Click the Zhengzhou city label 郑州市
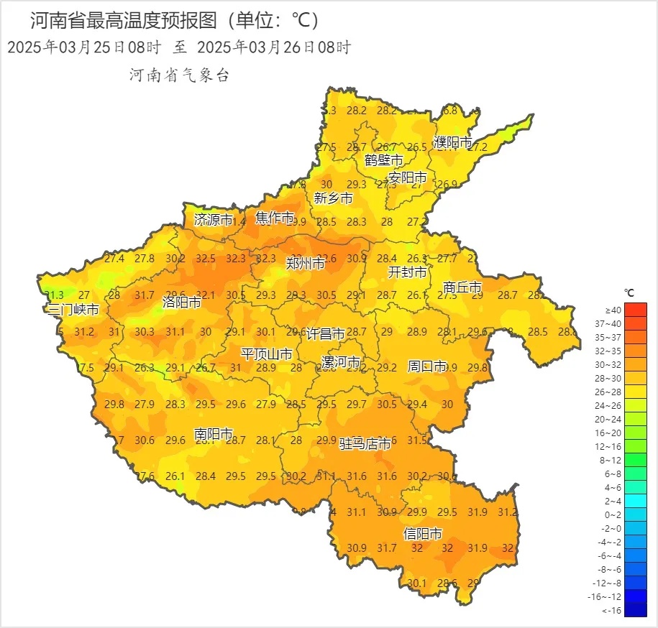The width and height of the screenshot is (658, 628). tap(305, 263)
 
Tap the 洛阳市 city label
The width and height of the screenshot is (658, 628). tap(181, 302)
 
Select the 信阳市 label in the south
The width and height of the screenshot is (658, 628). tap(422, 534)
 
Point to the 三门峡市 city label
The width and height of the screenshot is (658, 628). tap(73, 310)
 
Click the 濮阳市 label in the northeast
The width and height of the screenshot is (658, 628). tap(453, 142)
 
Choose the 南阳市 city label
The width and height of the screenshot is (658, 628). tap(214, 434)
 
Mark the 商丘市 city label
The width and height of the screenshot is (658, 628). tap(462, 287)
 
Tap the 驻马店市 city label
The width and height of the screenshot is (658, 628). tap(365, 444)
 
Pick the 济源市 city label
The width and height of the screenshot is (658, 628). tap(214, 220)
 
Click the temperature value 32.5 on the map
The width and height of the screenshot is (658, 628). tap(206, 259)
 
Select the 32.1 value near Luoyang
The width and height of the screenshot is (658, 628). tap(206, 295)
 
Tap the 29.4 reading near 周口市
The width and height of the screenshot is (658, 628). tap(417, 405)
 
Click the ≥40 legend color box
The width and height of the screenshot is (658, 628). tap(635, 310)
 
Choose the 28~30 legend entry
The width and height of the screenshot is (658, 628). tap(635, 378)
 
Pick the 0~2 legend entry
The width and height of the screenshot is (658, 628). tap(635, 514)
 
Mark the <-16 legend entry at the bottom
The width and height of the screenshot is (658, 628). tap(635, 610)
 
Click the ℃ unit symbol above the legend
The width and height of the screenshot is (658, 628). tap(629, 292)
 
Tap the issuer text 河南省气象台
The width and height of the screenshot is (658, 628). tap(179, 75)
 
